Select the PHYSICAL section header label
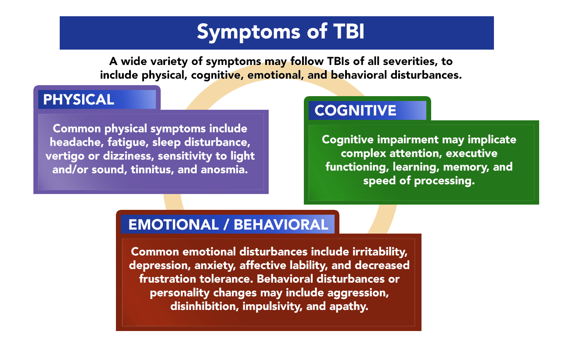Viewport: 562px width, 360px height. (79, 99)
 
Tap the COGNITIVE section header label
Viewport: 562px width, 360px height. (355, 110)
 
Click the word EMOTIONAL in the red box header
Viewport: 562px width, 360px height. (173, 224)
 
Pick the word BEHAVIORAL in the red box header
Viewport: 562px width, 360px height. (281, 224)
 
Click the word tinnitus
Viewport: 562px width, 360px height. (152, 169)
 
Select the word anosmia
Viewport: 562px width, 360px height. (224, 169)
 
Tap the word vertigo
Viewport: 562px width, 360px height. (65, 156)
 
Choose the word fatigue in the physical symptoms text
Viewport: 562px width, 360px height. (126, 142)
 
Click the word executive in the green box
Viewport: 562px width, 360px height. (472, 153)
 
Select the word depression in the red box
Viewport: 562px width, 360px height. (160, 266)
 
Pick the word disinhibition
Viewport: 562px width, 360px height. (205, 306)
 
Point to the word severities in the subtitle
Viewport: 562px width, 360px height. (411, 61)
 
